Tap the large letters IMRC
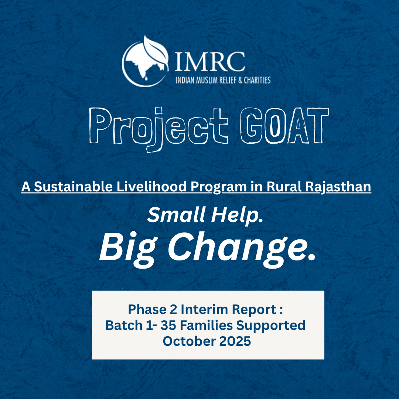click(210, 62)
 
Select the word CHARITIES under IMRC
click(257, 81)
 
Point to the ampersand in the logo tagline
click(240, 81)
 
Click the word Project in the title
click(158, 129)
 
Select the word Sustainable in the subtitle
click(73, 187)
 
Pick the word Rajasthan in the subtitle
click(338, 187)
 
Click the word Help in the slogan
click(237, 216)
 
